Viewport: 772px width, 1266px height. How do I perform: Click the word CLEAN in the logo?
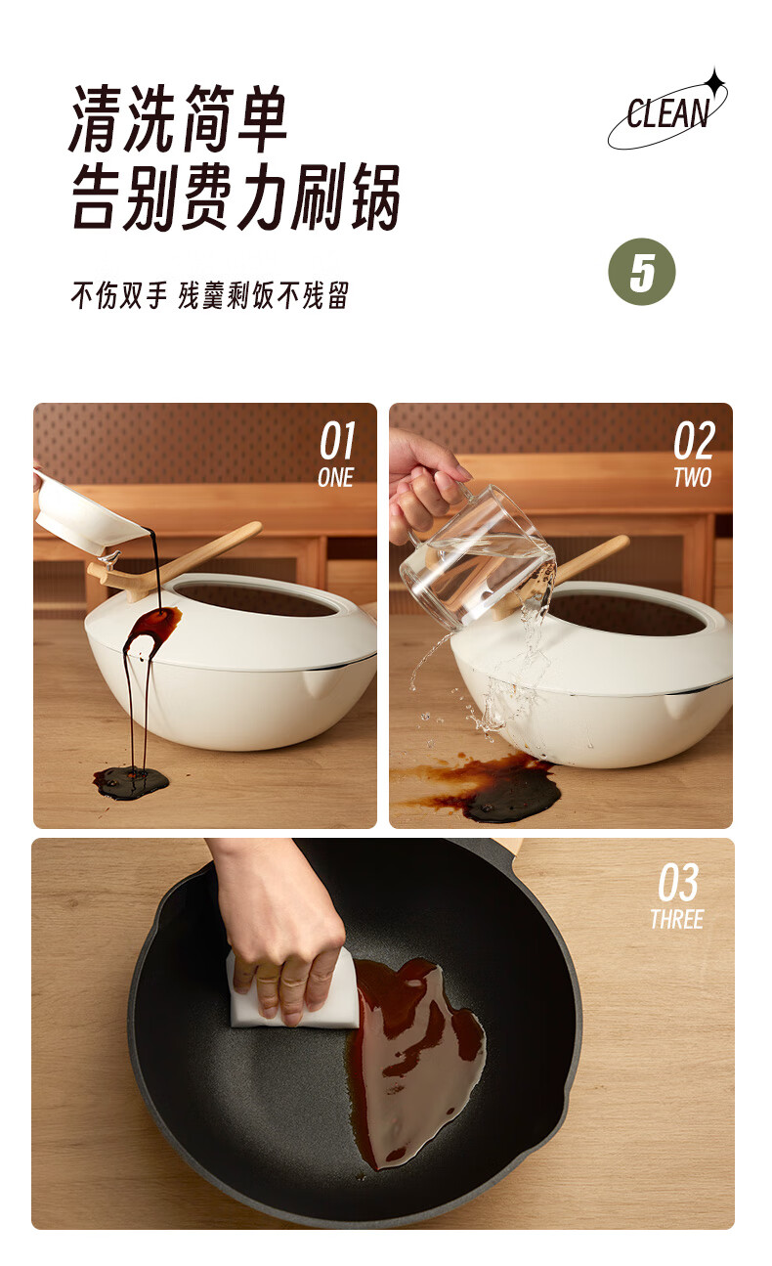point(667,112)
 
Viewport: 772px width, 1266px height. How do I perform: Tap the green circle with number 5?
point(641,272)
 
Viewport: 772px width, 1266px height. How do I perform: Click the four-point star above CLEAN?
point(715,82)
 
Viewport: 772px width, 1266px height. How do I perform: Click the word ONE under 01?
point(336,478)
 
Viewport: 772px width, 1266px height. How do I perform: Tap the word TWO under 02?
point(692,478)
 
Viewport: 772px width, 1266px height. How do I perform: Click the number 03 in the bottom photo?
point(678,883)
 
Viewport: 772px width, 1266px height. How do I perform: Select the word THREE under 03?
point(677,920)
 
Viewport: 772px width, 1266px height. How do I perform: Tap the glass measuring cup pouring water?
point(478,555)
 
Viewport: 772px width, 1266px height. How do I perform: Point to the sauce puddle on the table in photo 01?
point(131,783)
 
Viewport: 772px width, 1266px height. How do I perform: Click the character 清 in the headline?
point(96,118)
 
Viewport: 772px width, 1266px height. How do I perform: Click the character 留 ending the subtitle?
point(338,295)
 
